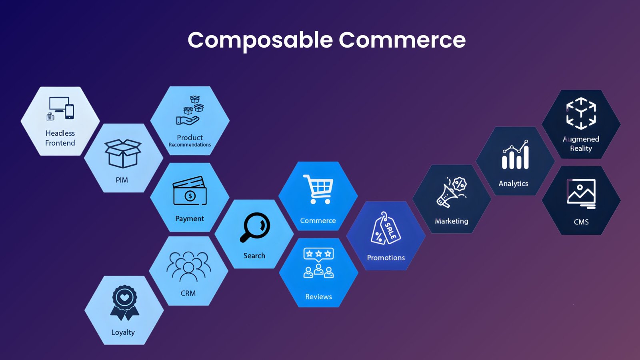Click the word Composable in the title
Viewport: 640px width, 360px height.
coord(260,40)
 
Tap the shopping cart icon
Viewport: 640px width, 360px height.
coord(318,189)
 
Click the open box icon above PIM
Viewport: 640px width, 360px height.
coord(122,153)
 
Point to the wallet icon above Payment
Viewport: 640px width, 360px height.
coord(190,191)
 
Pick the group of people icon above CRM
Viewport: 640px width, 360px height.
coord(188,266)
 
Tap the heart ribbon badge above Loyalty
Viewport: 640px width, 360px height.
coord(124,302)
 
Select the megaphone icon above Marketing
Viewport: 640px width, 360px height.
coord(452,192)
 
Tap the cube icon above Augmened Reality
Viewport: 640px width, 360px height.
coord(581,113)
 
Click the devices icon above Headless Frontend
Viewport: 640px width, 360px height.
coord(60,108)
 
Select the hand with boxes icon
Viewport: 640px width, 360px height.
coord(190,110)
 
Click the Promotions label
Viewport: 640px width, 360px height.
coord(386,258)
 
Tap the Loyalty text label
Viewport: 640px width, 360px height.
coord(123,332)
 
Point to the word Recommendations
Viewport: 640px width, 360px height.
coord(190,145)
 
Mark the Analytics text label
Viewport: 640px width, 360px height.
coord(513,184)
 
